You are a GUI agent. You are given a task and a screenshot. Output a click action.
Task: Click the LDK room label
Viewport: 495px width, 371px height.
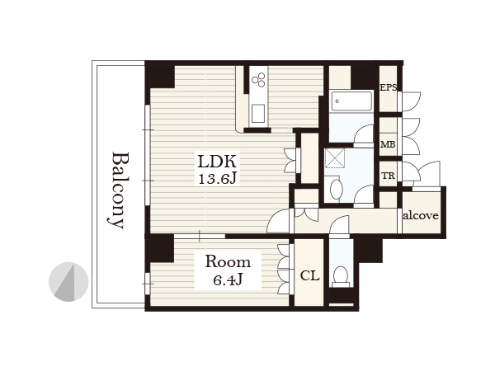coord(216,162)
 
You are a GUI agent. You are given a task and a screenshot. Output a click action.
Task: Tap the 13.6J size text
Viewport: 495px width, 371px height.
coord(217,179)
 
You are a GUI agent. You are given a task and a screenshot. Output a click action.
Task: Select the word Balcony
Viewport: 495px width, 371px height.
coord(119,190)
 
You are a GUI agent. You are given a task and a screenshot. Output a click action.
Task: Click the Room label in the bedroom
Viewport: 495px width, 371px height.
coord(228,262)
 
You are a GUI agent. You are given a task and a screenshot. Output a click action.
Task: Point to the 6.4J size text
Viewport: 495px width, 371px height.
coord(228,279)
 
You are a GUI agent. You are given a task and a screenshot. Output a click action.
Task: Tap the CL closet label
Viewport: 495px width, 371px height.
coord(309,275)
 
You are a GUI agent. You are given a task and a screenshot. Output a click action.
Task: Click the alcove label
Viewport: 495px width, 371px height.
coord(421,215)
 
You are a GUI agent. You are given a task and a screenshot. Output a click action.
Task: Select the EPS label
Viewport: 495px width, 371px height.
coord(388,87)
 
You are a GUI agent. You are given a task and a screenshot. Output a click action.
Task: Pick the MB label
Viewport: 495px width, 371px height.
coord(388,144)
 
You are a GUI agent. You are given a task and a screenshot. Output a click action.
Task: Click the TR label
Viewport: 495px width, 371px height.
coord(388,176)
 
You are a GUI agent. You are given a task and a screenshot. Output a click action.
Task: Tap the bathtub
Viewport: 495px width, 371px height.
coord(351,101)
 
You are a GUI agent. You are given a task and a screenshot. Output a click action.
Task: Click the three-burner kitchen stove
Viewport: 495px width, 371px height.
coord(258,79)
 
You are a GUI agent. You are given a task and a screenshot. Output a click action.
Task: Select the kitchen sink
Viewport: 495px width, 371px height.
coord(258,114)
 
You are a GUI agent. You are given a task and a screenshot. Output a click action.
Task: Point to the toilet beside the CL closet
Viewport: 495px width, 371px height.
coord(341,276)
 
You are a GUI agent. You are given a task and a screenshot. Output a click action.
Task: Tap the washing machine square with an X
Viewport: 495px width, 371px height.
coord(335,157)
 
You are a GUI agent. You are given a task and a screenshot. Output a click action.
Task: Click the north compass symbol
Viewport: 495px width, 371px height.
coord(68,282)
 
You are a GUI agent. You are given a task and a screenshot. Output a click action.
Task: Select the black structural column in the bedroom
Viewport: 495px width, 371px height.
coord(161,250)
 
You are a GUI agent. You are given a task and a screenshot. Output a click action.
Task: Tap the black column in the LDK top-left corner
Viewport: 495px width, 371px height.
coord(162,77)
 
